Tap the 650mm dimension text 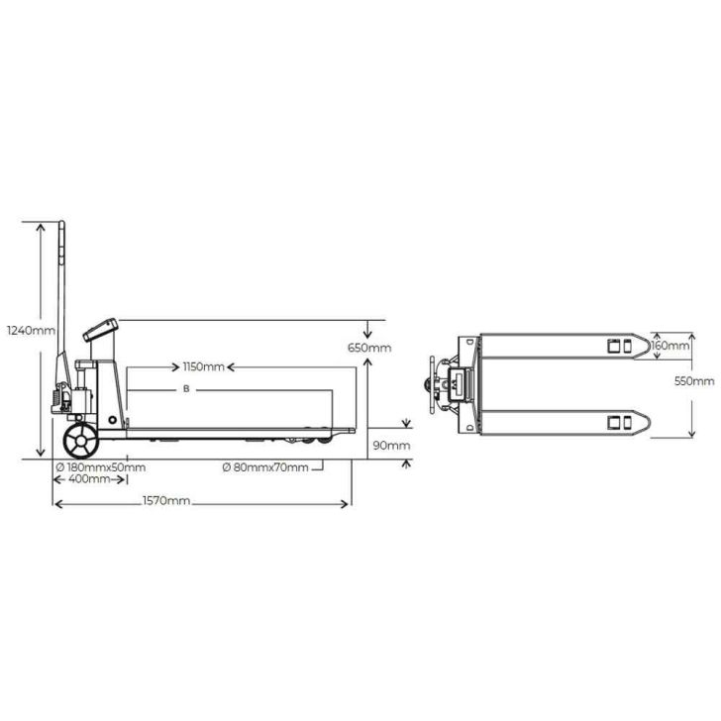pos(368,348)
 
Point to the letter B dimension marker pos(185,390)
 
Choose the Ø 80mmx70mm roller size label pos(265,467)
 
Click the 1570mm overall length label pos(166,502)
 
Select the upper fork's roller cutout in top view pos(619,346)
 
